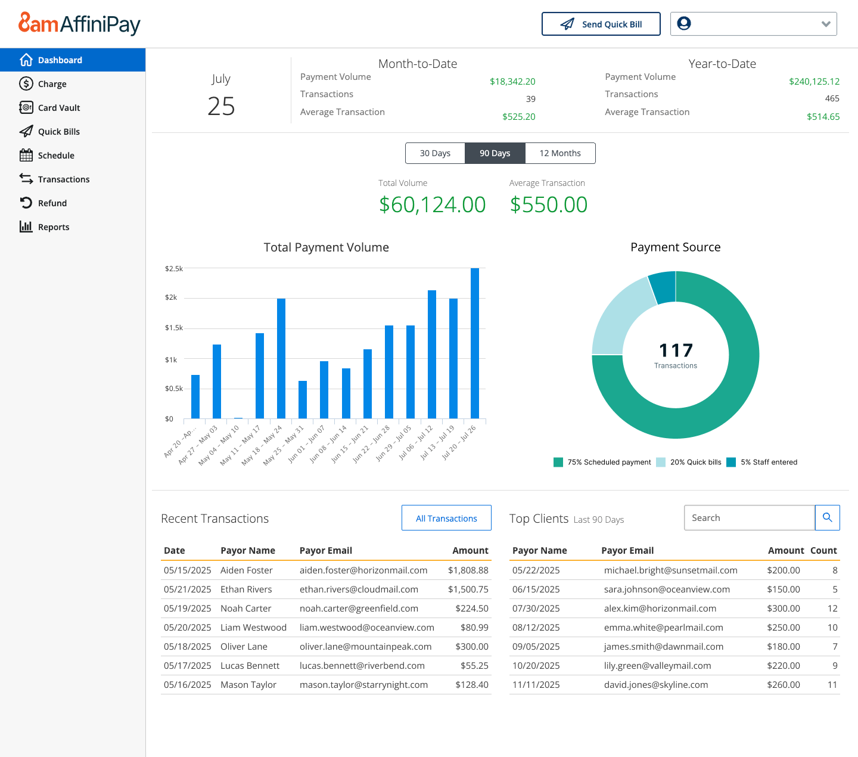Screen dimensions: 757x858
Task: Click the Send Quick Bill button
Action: point(601,24)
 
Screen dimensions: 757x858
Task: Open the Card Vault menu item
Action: point(58,108)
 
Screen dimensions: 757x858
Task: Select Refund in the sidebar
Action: point(52,203)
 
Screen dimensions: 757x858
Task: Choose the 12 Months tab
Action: point(559,153)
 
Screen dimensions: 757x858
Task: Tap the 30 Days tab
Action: point(435,153)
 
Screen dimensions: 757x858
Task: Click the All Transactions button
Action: point(446,518)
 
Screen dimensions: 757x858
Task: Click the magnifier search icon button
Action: point(827,517)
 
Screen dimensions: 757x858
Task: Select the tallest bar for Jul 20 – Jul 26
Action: point(475,343)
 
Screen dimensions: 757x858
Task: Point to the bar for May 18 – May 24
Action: point(281,358)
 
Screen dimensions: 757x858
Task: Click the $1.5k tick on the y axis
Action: point(174,328)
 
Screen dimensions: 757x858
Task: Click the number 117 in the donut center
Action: point(676,350)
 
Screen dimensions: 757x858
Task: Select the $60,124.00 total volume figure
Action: point(433,205)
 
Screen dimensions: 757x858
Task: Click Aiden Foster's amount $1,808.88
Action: point(468,570)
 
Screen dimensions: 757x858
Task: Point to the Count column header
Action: point(823,551)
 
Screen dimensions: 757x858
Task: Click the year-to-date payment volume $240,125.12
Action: point(814,82)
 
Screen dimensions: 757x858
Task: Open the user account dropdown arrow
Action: point(826,24)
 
